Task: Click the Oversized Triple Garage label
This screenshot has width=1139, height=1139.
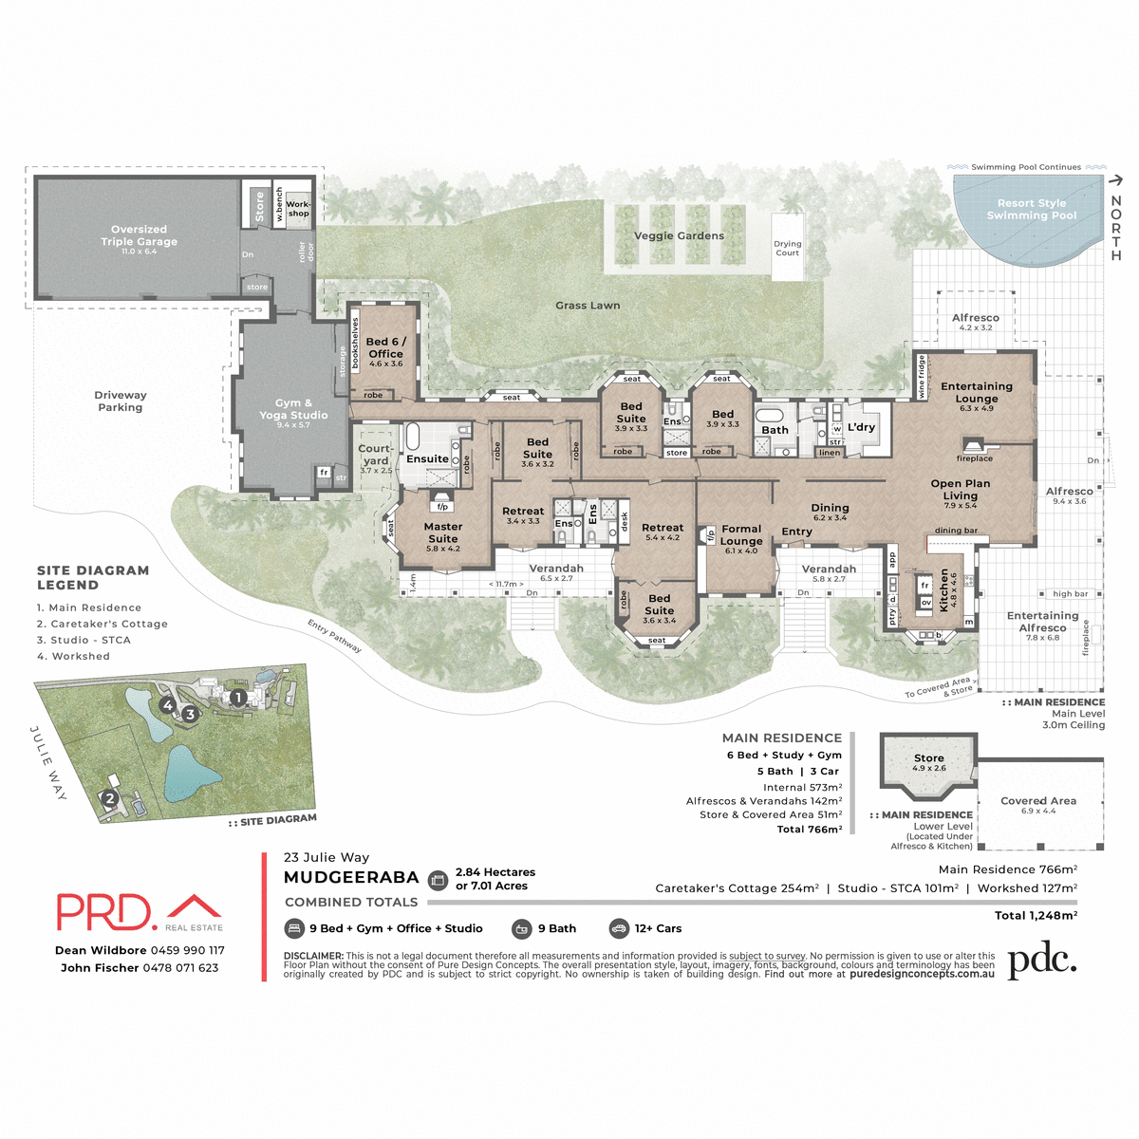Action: pyautogui.click(x=139, y=236)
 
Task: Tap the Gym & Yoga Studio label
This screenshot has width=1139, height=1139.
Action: pyautogui.click(x=293, y=409)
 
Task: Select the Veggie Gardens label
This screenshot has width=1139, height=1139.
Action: pyautogui.click(x=679, y=235)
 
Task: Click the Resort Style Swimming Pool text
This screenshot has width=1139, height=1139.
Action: pyautogui.click(x=1031, y=209)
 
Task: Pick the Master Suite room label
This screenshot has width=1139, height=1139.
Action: pyautogui.click(x=442, y=532)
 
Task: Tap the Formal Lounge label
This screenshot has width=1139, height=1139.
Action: pyautogui.click(x=741, y=535)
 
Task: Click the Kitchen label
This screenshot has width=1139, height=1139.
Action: pyautogui.click(x=943, y=589)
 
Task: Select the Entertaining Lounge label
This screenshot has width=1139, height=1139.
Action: pyautogui.click(x=976, y=392)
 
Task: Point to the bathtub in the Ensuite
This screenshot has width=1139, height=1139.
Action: pyautogui.click(x=413, y=438)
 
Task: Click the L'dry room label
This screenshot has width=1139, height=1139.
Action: pyautogui.click(x=861, y=427)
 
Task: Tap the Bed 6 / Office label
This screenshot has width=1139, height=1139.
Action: pyautogui.click(x=385, y=347)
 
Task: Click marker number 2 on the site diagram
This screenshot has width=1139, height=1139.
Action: pyautogui.click(x=109, y=798)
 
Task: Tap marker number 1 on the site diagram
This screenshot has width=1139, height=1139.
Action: pyautogui.click(x=238, y=698)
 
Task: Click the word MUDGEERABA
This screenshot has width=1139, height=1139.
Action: pyautogui.click(x=351, y=878)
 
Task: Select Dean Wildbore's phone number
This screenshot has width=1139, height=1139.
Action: pyautogui.click(x=187, y=950)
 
